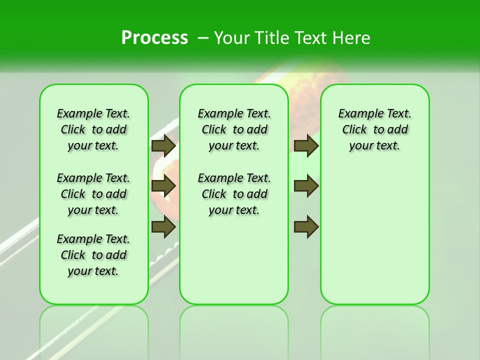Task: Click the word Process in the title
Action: [x=154, y=38]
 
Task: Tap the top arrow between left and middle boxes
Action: [x=163, y=145]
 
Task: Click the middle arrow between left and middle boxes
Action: [x=163, y=186]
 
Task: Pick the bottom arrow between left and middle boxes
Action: [x=163, y=227]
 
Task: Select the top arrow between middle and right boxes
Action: [x=306, y=145]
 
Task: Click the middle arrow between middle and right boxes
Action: [x=306, y=186]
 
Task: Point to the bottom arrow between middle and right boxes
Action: [x=306, y=227]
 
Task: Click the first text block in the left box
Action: [x=93, y=129]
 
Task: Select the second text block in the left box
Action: [x=93, y=194]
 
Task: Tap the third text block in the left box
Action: [x=93, y=255]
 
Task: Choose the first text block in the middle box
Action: [x=234, y=129]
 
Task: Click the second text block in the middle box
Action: [x=234, y=194]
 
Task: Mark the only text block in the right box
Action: [x=374, y=129]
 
